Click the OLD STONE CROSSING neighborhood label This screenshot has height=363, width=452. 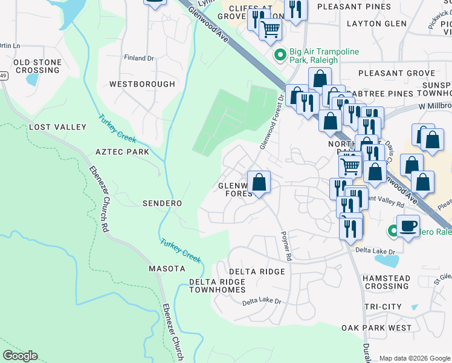(x=37, y=67)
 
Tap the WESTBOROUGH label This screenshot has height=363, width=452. (x=143, y=84)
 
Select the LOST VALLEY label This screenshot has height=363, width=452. (x=57, y=127)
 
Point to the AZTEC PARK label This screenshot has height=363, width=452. (x=122, y=152)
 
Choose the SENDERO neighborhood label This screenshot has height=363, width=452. (x=162, y=203)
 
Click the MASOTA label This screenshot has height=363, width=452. (x=167, y=268)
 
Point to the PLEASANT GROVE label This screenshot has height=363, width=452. (x=396, y=73)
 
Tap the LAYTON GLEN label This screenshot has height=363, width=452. (x=376, y=24)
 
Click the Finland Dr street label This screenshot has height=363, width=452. (x=139, y=58)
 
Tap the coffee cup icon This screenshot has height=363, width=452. (x=408, y=226)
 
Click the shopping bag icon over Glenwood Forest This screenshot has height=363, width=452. (x=259, y=183)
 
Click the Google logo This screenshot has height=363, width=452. (x=20, y=356)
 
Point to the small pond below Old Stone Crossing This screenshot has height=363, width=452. (x=33, y=80)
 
